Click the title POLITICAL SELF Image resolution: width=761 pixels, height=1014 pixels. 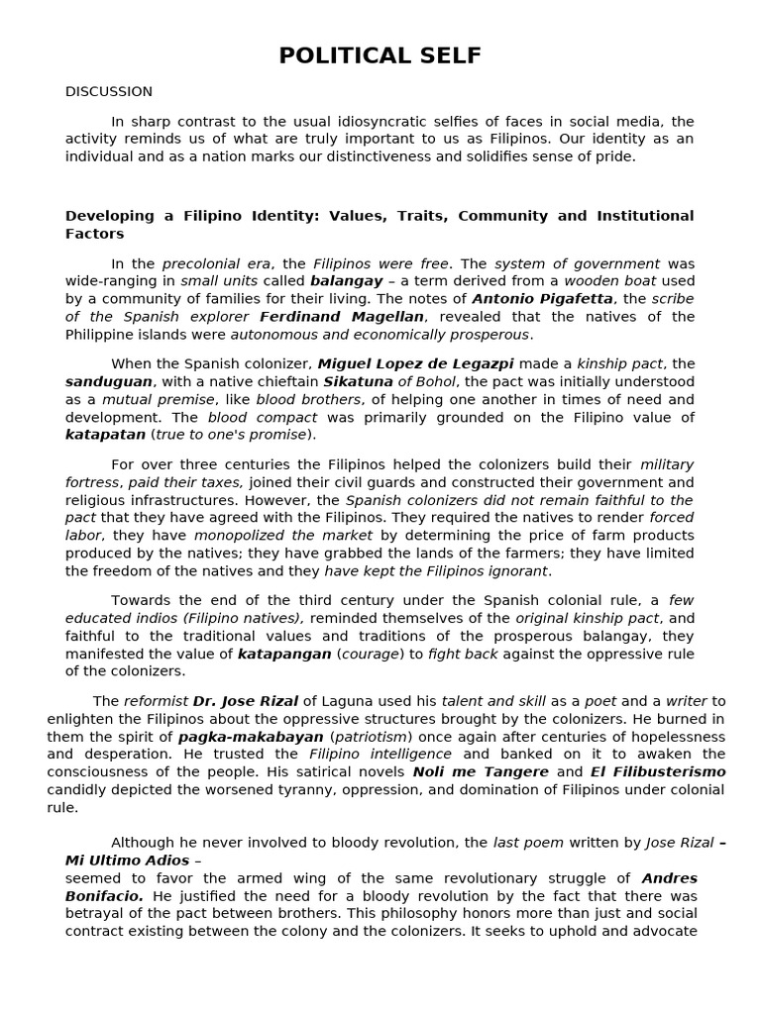click(x=380, y=56)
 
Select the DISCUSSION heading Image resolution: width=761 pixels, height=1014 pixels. click(x=109, y=92)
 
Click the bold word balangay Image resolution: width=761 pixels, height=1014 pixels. click(x=346, y=281)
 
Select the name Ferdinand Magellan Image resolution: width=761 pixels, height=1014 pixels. click(x=342, y=317)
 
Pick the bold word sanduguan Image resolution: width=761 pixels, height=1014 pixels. click(x=109, y=382)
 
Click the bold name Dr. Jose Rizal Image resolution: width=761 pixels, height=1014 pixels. click(x=246, y=701)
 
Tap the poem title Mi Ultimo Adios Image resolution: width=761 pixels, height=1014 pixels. click(x=127, y=861)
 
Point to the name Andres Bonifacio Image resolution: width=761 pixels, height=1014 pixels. click(x=670, y=878)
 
